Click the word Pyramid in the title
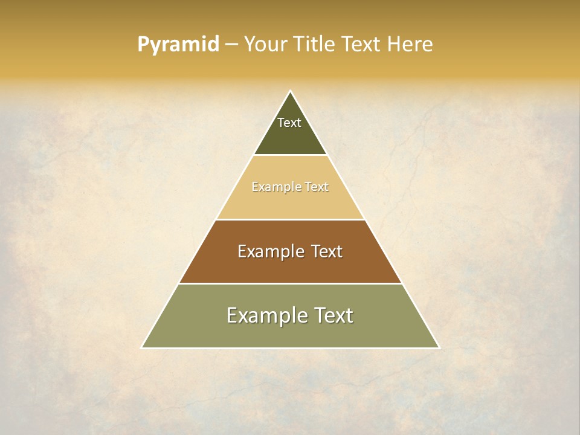(178, 45)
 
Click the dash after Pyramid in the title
(231, 45)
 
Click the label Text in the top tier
(289, 123)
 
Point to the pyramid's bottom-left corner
(143, 347)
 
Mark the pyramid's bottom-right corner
(439, 347)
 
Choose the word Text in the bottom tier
(332, 315)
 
